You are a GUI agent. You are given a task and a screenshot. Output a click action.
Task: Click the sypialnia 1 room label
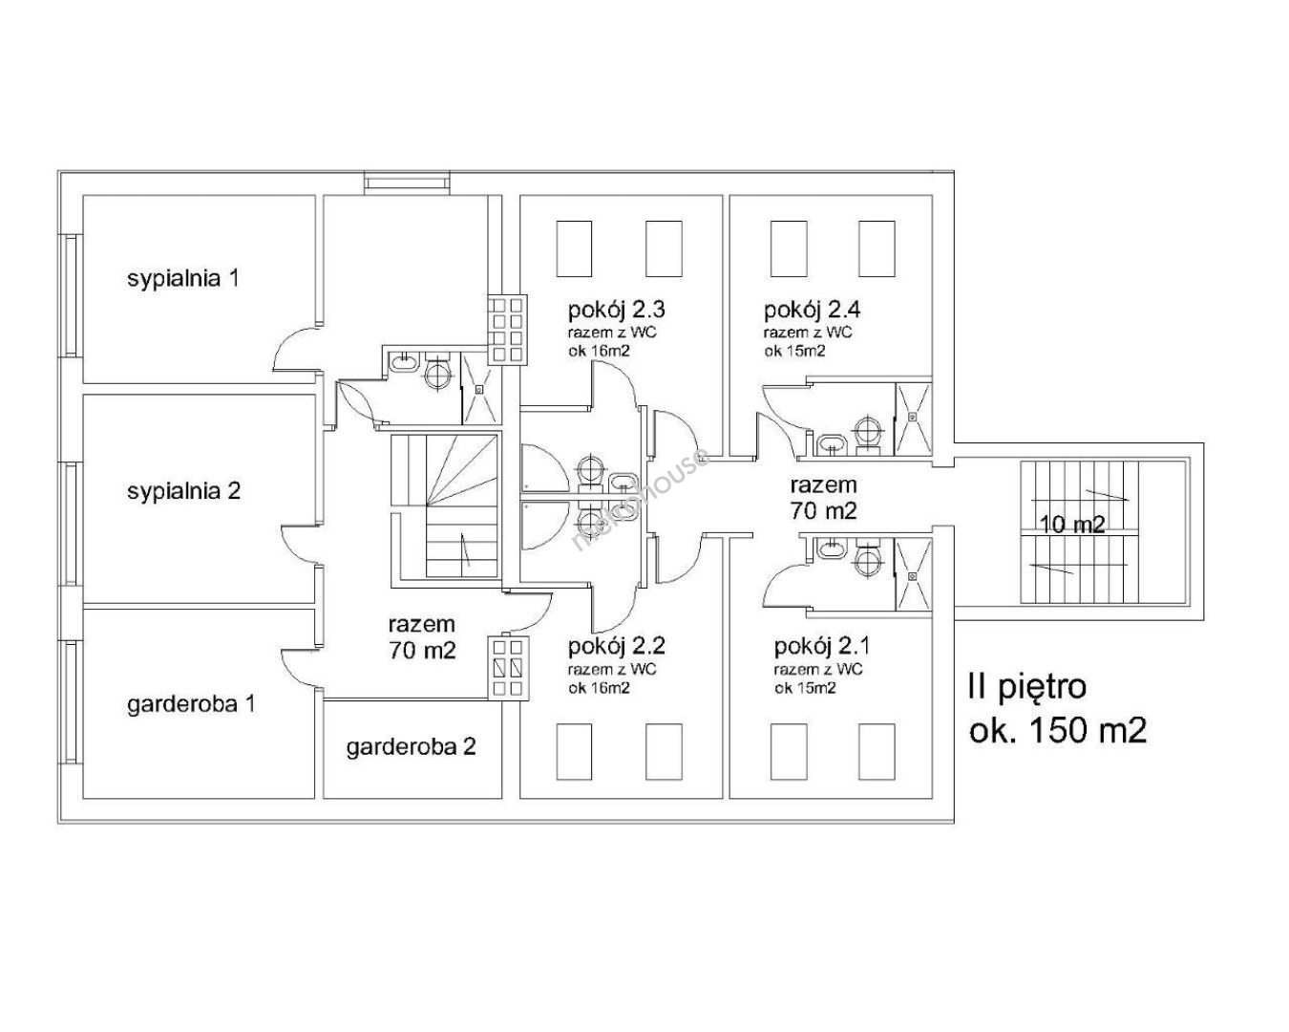click(x=183, y=279)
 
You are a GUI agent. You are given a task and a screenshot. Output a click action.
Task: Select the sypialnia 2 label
click(x=184, y=492)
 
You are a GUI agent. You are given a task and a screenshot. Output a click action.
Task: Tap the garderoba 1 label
click(x=191, y=703)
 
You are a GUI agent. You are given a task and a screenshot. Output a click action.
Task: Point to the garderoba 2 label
click(x=411, y=747)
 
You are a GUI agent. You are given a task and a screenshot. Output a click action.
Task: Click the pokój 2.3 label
click(x=617, y=311)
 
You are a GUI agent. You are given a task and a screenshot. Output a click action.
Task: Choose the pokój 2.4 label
click(x=813, y=311)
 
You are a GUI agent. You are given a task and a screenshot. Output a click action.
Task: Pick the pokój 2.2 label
click(x=617, y=647)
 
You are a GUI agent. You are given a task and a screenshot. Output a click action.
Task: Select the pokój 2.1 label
click(x=822, y=647)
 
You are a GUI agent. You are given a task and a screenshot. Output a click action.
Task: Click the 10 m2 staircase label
click(x=1072, y=526)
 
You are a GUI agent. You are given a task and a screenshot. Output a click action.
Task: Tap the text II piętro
click(x=1027, y=687)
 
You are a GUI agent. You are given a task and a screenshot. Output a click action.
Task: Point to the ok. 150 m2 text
click(x=1058, y=732)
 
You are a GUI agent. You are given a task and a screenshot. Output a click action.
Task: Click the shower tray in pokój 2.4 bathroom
click(x=913, y=419)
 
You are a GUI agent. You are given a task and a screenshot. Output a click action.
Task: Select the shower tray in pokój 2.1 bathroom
click(x=913, y=575)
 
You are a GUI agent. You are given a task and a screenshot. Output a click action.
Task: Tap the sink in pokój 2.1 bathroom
click(x=832, y=548)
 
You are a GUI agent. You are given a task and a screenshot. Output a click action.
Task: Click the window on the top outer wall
click(x=407, y=183)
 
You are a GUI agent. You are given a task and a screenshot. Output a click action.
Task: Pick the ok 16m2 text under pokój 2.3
click(x=599, y=352)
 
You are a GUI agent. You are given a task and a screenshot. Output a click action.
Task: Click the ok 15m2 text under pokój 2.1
click(x=805, y=688)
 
